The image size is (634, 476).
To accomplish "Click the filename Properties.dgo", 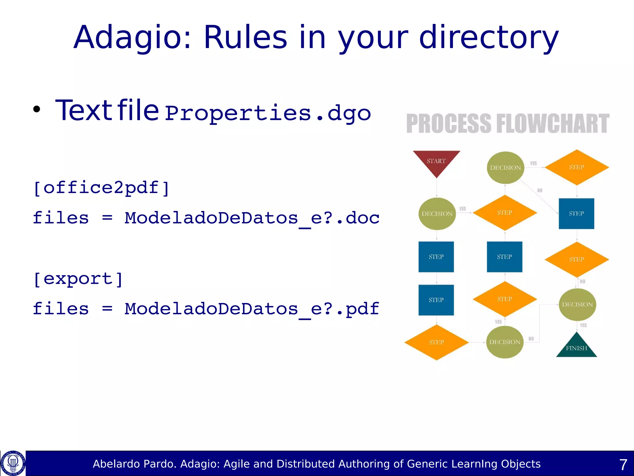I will tap(268, 113).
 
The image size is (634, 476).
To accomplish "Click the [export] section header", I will tap(78, 279).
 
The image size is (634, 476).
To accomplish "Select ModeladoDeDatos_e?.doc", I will tap(252, 218).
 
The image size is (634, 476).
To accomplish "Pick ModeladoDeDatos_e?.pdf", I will tap(252, 309).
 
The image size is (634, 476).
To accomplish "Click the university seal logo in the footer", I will tap(13, 463).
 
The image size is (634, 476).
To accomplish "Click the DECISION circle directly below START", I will tap(437, 214).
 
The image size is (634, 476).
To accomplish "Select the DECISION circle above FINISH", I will tap(577, 305).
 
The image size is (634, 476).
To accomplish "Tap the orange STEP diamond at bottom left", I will tap(436, 342).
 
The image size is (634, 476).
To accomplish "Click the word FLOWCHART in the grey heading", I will tap(553, 124).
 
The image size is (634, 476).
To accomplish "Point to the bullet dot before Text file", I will tap(37, 109).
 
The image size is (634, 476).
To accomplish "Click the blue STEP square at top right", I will tap(576, 214).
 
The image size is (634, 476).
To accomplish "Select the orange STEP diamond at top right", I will tap(576, 167).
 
